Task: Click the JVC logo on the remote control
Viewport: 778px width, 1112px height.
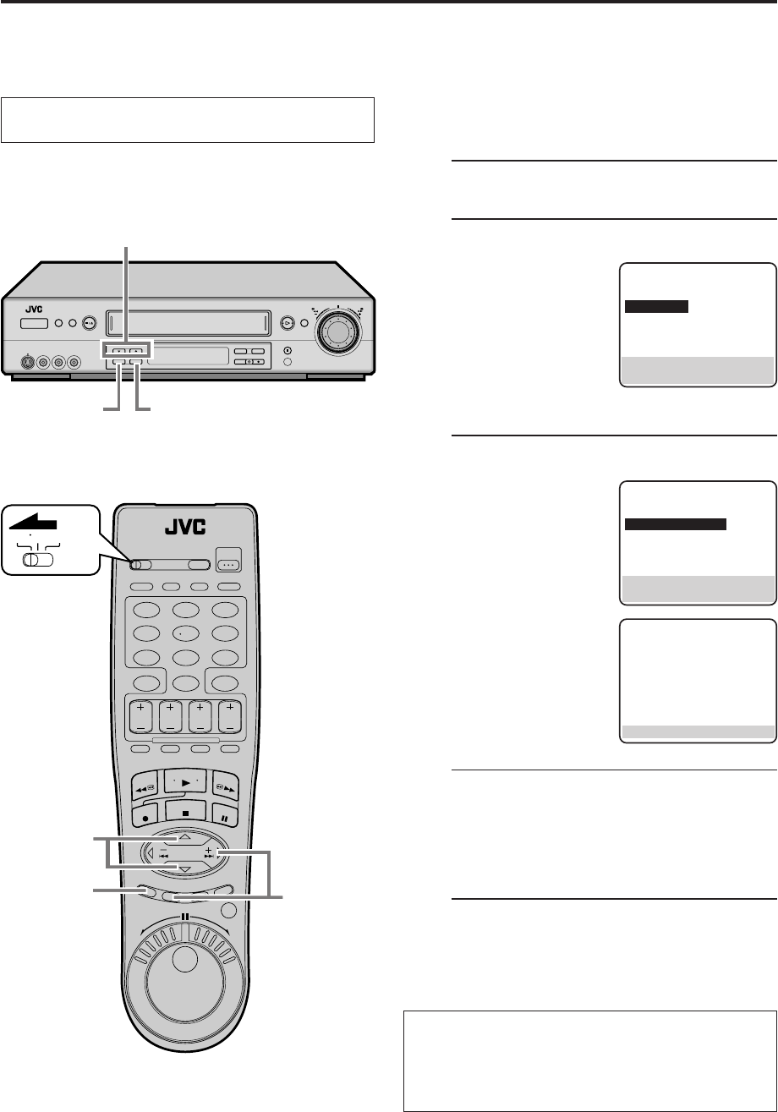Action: pos(185,527)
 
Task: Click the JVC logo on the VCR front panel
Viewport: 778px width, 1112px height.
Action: pos(34,309)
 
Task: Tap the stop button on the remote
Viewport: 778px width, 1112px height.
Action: pos(186,813)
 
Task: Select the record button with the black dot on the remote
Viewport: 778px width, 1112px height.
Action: pos(145,816)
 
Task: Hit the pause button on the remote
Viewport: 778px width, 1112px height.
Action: pos(224,817)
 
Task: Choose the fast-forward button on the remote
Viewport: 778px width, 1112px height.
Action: pos(226,787)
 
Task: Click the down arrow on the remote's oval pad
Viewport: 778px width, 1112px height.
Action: pos(184,869)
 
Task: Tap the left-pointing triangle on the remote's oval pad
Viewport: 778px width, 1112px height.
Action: pos(151,853)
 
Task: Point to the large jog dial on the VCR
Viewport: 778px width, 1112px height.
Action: pos(337,331)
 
